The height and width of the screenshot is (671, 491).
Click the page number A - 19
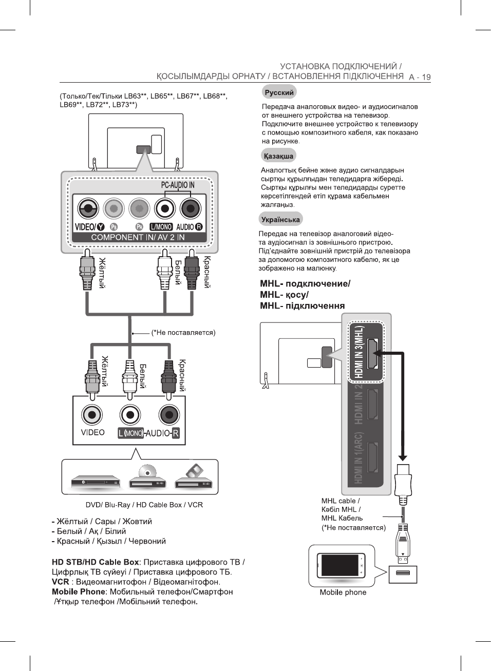420,77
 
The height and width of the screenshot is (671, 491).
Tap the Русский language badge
279,92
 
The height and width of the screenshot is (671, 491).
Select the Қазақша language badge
278,156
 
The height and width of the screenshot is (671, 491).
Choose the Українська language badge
280,220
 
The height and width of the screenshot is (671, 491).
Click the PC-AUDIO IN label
178,185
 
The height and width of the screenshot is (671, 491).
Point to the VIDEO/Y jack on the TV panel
88,208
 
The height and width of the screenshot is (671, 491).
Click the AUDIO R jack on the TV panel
190,208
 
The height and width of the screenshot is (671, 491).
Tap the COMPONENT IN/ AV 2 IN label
138,237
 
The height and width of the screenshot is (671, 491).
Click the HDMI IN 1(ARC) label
359,458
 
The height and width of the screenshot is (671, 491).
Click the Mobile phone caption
343,592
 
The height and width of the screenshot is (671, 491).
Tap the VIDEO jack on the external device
92,415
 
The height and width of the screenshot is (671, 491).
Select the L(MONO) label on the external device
130,433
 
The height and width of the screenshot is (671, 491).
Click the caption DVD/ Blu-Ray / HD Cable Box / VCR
144,505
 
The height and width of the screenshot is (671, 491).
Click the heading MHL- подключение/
305,283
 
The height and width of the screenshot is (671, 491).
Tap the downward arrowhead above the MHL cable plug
403,457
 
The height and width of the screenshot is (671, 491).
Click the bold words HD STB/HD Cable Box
96,562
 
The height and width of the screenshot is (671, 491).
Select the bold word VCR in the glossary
60,582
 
